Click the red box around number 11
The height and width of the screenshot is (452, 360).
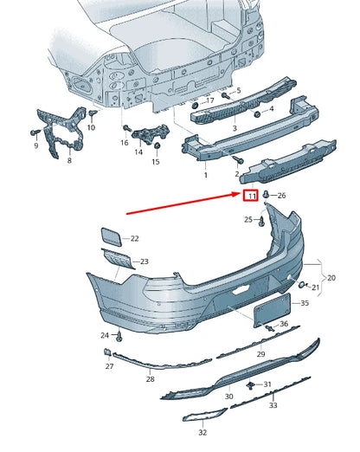(250, 197)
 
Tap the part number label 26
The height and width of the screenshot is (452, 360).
(282, 196)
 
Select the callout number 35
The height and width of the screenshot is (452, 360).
(304, 304)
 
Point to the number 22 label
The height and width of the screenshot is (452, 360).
(134, 237)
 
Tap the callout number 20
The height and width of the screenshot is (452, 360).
(331, 277)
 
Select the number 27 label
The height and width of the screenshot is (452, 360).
(110, 366)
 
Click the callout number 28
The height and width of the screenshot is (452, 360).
(150, 378)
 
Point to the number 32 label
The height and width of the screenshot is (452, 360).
(202, 431)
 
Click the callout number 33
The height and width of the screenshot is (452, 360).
(273, 404)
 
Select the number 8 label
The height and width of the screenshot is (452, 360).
(70, 160)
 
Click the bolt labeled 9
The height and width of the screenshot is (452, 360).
(32, 132)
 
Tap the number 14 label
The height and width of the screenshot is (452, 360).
(138, 152)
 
